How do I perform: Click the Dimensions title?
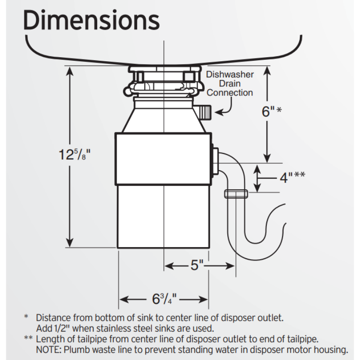[x=91, y=20]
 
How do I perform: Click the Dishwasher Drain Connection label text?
[x=230, y=84]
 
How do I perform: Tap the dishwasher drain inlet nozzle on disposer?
[x=205, y=111]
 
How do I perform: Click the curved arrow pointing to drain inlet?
[x=225, y=108]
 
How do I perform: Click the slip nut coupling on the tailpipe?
[x=235, y=194]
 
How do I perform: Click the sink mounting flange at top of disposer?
[x=165, y=70]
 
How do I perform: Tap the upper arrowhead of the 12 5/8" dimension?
[x=69, y=72]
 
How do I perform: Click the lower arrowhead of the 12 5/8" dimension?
[x=69, y=242]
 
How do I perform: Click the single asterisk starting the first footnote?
[x=26, y=318]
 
